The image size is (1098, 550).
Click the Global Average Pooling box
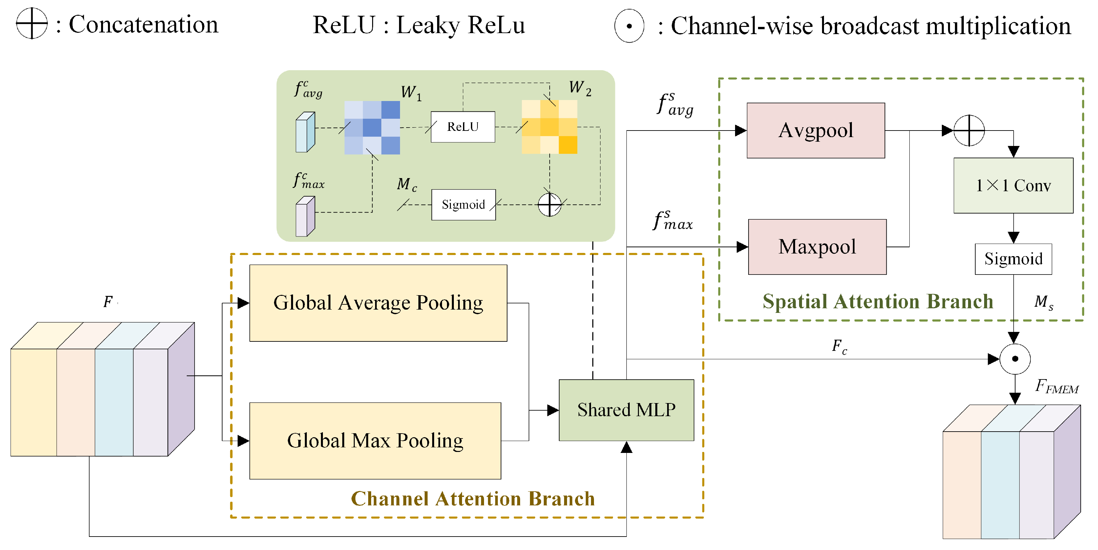[x=378, y=303]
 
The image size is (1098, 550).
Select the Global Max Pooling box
[x=375, y=440]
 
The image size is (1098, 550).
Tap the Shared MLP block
[x=626, y=410]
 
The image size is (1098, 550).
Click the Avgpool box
[x=815, y=130]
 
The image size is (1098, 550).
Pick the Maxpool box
[x=817, y=247]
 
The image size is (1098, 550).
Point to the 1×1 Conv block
[x=1013, y=185]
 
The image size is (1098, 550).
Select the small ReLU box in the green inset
[x=463, y=127]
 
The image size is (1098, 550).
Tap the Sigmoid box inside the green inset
[x=463, y=205]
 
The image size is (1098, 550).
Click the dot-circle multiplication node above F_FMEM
[x=1015, y=359]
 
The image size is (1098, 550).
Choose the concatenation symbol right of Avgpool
[x=969, y=130]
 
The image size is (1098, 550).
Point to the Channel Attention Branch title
[x=472, y=499]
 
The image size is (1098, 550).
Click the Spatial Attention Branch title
[x=877, y=301]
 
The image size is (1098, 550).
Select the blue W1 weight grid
[x=372, y=127]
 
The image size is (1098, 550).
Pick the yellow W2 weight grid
[x=549, y=127]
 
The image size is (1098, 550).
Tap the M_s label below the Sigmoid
[x=1043, y=302]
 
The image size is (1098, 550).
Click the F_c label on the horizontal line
[x=839, y=346]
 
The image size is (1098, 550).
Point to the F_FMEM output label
[x=1056, y=387]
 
